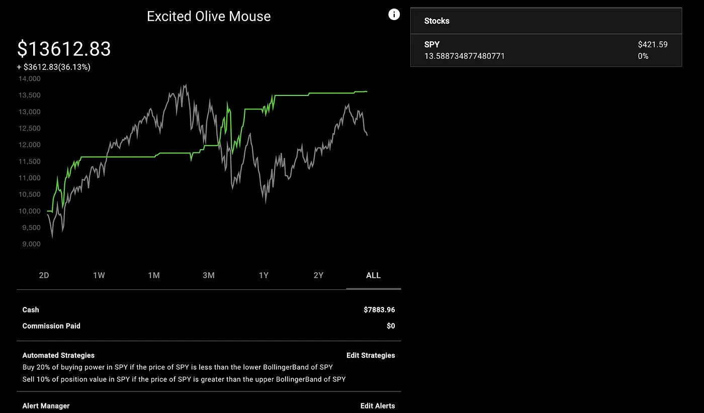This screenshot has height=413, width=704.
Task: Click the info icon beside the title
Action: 394,15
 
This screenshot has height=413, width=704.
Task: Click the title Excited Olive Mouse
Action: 209,17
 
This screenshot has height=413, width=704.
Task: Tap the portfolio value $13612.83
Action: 64,49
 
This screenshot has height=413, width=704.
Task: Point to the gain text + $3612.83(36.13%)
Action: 54,67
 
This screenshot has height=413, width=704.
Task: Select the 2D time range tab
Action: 44,275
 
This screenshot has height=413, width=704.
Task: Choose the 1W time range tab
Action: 99,275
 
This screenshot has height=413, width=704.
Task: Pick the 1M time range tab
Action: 154,275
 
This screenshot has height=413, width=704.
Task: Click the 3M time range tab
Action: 209,275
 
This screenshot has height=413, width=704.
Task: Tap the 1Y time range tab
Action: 263,275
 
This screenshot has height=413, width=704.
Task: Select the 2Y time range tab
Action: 318,275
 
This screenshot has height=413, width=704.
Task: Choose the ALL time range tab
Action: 373,275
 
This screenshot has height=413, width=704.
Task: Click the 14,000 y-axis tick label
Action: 30,79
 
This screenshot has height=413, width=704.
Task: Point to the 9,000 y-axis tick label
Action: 31,244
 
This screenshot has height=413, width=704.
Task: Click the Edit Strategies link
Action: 371,355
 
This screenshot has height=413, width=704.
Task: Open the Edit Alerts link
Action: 378,406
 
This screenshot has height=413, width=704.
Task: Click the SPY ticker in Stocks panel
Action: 432,45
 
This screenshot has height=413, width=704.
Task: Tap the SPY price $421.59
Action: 653,45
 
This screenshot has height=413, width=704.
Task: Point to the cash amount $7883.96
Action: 379,309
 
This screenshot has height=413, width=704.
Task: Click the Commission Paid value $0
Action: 391,326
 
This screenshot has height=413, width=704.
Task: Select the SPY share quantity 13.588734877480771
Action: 465,56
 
